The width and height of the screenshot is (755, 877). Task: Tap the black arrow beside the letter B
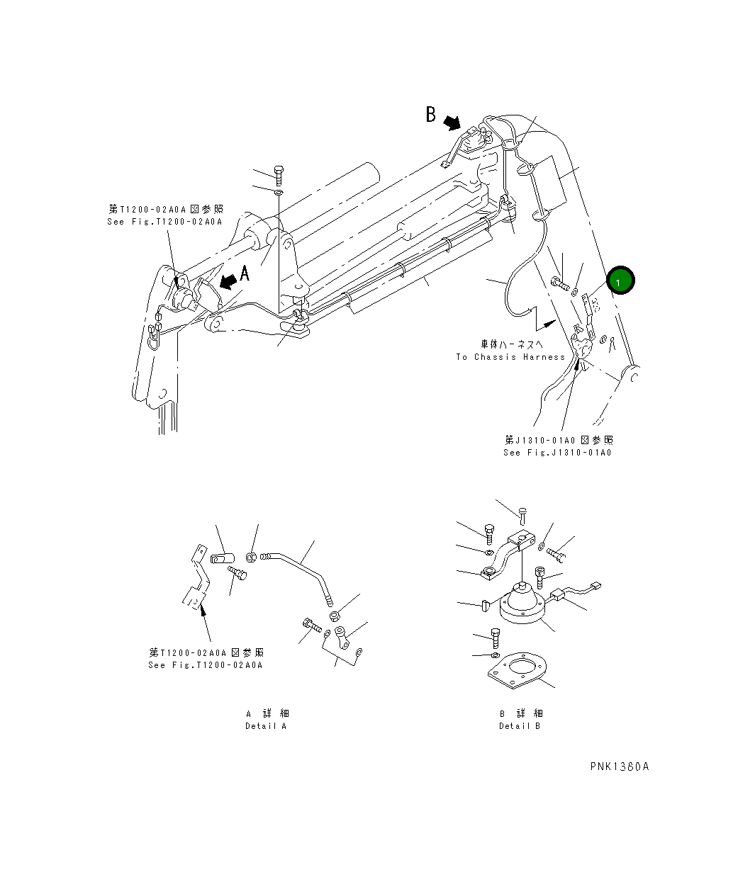pyautogui.click(x=451, y=123)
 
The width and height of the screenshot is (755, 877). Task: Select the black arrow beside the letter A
pyautogui.click(x=228, y=282)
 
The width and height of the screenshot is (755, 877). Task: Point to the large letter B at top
pyautogui.click(x=430, y=114)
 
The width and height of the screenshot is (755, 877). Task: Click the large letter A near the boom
pyautogui.click(x=245, y=273)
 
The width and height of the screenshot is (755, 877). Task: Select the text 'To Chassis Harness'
pyautogui.click(x=510, y=357)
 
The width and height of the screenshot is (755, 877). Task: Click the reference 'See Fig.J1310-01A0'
pyautogui.click(x=557, y=453)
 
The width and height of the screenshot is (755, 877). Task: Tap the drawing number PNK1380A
pyautogui.click(x=619, y=766)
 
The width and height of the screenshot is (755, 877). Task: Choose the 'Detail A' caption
pyautogui.click(x=267, y=725)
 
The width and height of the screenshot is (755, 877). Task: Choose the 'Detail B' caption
pyautogui.click(x=520, y=725)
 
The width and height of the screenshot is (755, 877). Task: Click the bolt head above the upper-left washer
pyautogui.click(x=279, y=171)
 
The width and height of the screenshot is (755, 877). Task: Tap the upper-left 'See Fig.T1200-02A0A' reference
pyautogui.click(x=165, y=222)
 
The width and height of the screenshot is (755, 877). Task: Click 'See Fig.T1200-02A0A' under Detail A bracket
pyautogui.click(x=206, y=665)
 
